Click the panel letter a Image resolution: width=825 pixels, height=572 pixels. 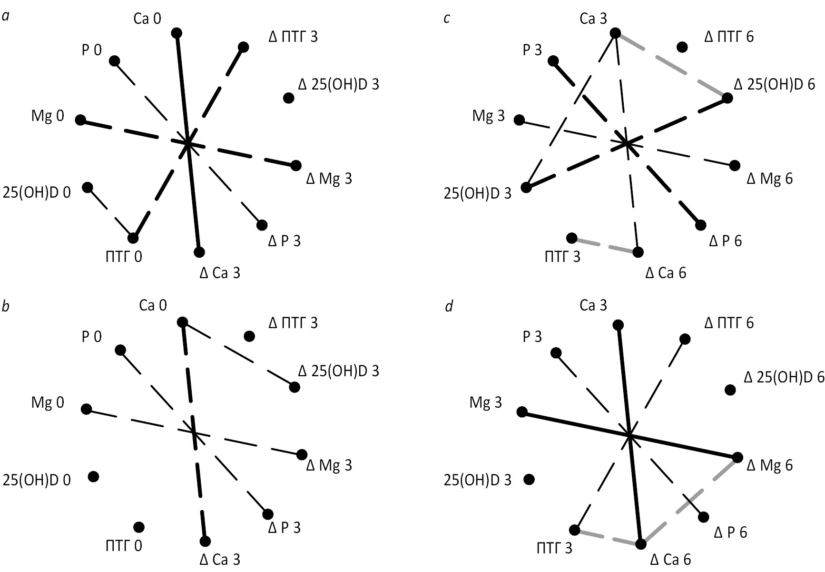coord(6,17)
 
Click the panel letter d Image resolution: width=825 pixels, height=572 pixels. coord(449,307)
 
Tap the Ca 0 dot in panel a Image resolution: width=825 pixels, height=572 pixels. coord(177,33)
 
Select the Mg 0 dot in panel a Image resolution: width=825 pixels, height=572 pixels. coord(81,120)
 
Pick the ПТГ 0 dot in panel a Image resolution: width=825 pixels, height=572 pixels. coord(133,238)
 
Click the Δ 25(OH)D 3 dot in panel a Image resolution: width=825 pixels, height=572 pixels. coord(288,98)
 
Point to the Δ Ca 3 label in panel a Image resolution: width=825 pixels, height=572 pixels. coord(220,273)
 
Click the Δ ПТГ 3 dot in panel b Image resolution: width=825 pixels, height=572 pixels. coord(249,336)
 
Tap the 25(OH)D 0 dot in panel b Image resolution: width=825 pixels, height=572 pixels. coord(94,476)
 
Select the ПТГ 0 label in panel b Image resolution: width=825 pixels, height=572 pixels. coord(124,545)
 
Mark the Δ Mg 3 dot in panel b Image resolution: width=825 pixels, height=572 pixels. coord(302,454)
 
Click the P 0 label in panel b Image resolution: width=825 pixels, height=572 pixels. coord(92,337)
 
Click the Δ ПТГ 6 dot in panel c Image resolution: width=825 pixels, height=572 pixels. coord(682,47)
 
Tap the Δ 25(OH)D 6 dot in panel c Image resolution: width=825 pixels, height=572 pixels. coord(727,98)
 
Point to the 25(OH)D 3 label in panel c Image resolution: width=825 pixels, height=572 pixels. coord(478,194)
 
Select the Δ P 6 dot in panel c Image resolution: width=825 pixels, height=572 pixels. coord(701,225)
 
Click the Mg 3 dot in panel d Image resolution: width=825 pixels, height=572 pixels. coord(522,412)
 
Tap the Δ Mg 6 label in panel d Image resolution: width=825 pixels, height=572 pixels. coord(770,465)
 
